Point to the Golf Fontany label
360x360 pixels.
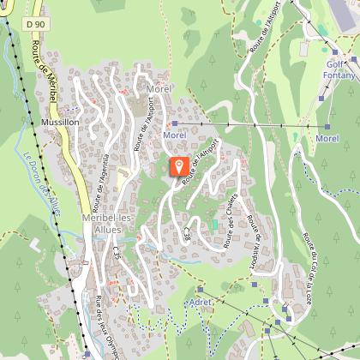pos(340,69)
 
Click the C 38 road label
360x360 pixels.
pos(187,232)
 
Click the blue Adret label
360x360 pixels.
pos(200,303)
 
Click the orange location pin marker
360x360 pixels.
pos(178,165)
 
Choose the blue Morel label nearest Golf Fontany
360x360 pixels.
pos(326,138)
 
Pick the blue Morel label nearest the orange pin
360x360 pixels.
pos(173,135)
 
